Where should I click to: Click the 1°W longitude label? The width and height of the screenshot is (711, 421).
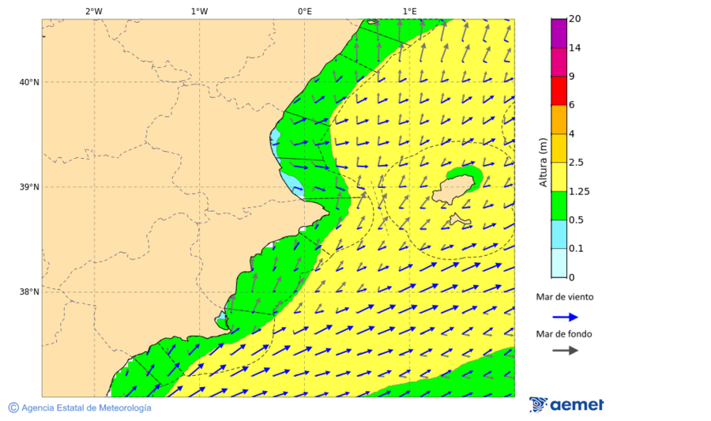199,11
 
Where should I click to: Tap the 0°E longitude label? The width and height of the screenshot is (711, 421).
304,11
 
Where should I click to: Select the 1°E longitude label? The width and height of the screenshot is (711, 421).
409,11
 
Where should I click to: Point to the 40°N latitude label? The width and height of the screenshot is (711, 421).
29,82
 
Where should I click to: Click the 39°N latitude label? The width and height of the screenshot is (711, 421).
29,187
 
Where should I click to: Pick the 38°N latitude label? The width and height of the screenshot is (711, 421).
29,291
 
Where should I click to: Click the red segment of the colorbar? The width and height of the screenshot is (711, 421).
559,91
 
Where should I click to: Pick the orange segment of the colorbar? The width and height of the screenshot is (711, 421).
559,119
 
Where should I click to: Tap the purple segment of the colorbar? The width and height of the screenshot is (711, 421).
559,33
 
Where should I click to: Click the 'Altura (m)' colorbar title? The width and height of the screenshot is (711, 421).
543,162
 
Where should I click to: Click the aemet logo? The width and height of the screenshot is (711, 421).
566,404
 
